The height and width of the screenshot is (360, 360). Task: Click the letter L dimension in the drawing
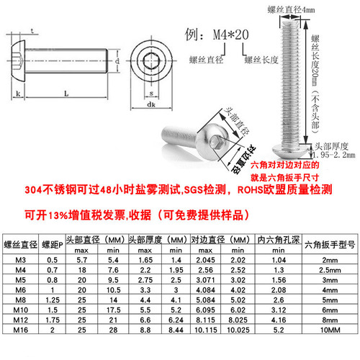66,95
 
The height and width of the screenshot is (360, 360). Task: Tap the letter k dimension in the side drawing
17,95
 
